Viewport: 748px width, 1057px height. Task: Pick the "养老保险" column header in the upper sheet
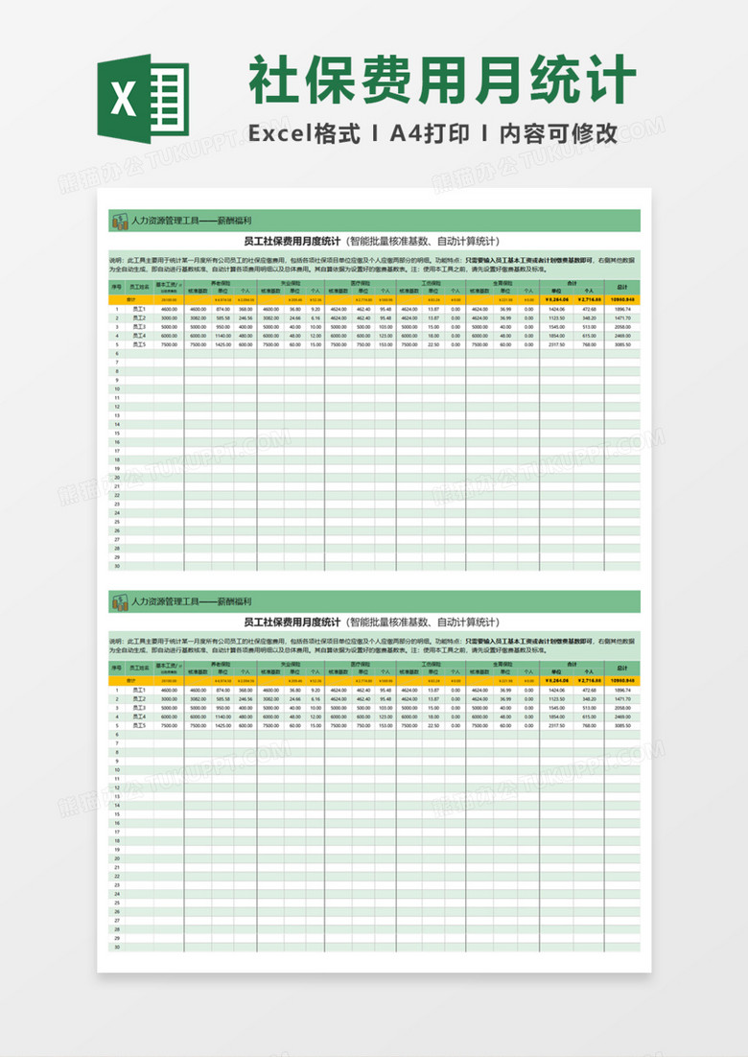click(x=220, y=284)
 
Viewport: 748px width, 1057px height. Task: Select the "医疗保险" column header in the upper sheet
click(x=360, y=284)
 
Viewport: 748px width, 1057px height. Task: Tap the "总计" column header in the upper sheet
click(x=621, y=287)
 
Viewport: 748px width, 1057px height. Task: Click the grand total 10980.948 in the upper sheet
click(x=621, y=300)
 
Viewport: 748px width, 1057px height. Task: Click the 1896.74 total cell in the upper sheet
click(x=621, y=310)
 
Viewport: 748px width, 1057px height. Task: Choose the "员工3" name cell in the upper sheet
click(x=139, y=327)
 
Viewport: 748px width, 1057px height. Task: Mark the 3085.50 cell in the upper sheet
click(x=621, y=344)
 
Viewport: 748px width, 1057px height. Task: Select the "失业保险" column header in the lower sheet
click(x=291, y=664)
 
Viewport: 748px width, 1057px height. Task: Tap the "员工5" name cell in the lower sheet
click(x=139, y=725)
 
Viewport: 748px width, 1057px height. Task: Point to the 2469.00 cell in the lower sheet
click(x=621, y=716)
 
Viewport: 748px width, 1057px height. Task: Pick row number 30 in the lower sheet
click(x=116, y=947)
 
